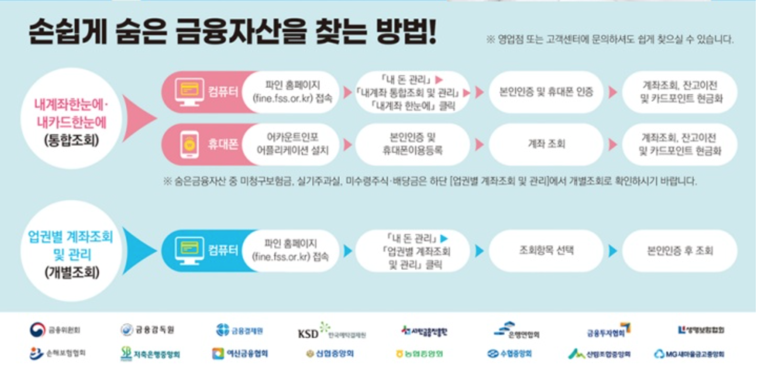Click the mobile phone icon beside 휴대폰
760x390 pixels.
[189, 144]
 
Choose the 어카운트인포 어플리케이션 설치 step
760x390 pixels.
[292, 144]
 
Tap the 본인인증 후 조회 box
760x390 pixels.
[680, 251]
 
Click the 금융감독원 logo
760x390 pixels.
[147, 330]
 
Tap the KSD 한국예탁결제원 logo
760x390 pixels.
[332, 332]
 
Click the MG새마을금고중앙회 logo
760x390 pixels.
[689, 354]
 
